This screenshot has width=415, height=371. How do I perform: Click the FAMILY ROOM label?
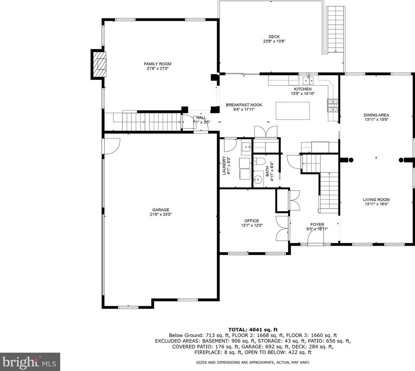(157, 64)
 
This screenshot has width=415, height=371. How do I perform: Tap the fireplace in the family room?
(99, 64)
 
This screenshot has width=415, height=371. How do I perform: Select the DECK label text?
(274, 37)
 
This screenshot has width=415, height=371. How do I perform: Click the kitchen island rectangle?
(292, 111)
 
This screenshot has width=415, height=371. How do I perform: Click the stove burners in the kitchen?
(333, 105)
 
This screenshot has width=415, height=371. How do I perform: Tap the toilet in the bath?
(259, 161)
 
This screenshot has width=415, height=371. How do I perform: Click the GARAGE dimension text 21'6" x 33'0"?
(161, 215)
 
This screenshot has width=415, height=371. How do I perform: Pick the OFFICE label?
(251, 221)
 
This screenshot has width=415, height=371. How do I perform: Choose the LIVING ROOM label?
(376, 200)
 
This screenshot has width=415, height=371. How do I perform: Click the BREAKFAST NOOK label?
(244, 105)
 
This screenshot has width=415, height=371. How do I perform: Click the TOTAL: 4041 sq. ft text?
(253, 330)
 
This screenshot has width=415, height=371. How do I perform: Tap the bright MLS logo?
(30, 362)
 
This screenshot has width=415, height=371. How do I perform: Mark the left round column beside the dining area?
(351, 160)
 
